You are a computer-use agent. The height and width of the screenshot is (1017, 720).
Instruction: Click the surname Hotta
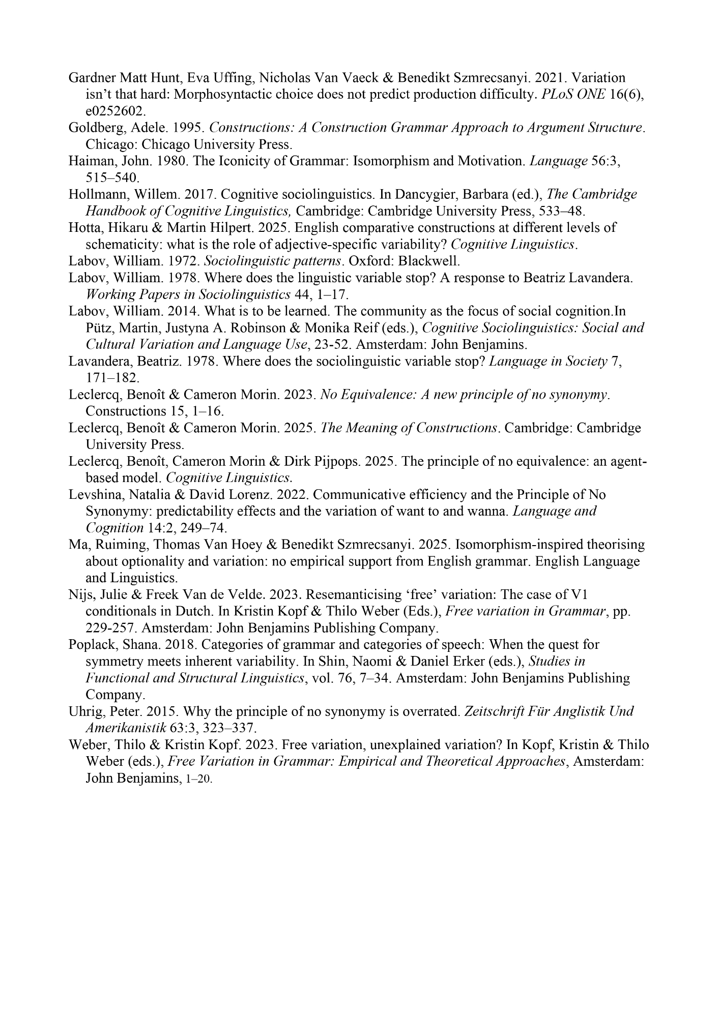click(x=83, y=228)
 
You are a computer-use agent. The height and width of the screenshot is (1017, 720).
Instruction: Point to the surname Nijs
click(x=80, y=595)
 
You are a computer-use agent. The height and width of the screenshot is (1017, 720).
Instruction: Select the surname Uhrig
click(x=84, y=711)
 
